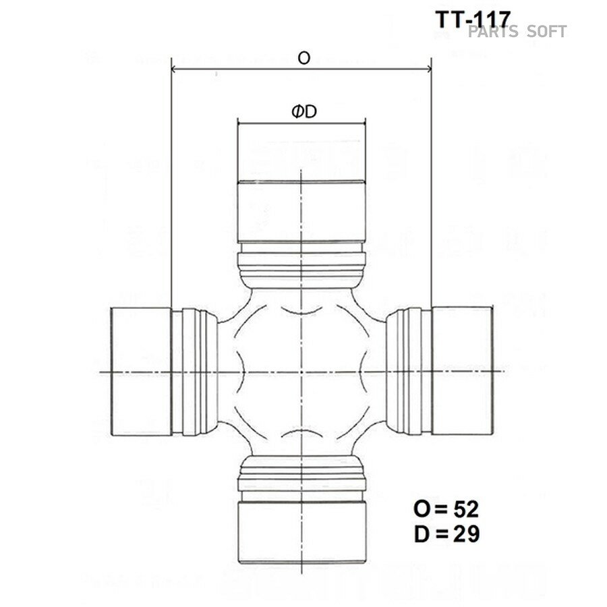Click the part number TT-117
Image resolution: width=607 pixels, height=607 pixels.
473,19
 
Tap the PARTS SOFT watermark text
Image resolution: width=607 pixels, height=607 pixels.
517,32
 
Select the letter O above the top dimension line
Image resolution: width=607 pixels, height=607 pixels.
304,58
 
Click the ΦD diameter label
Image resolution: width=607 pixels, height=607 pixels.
304,112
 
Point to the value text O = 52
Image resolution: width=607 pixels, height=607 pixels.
446,509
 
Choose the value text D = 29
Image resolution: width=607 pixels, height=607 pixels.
446,534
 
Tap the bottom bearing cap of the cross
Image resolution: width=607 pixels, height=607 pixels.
301,532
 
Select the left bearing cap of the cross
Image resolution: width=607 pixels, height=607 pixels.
142,372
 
